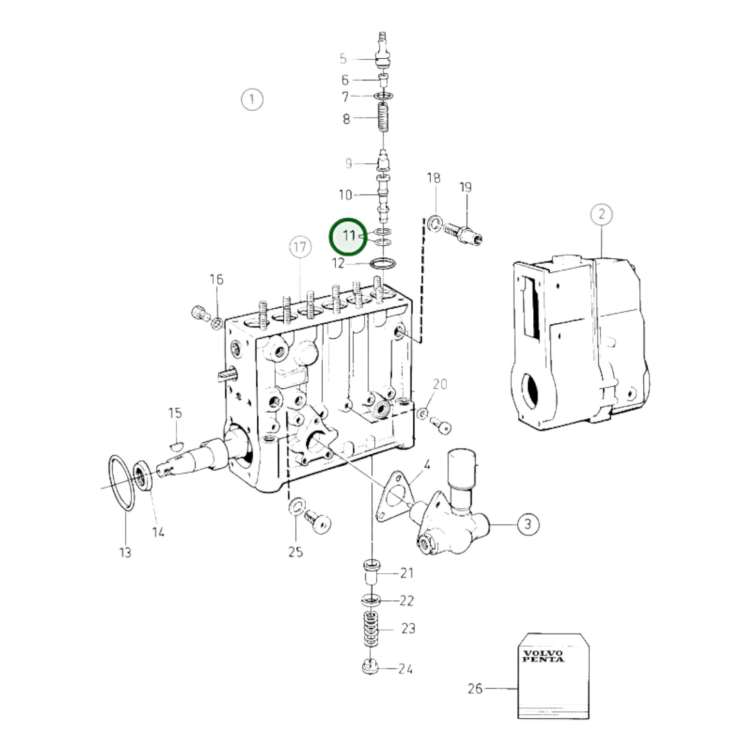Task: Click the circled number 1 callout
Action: pos(252,99)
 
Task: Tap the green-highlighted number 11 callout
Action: pos(348,236)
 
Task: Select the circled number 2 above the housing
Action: pos(601,214)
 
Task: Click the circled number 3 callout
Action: pos(528,523)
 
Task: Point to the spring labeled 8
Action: pos(383,118)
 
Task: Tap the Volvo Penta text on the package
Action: pos(543,656)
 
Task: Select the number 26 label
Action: pos(475,688)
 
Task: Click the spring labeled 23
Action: pos(371,629)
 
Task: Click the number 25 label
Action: pos(296,551)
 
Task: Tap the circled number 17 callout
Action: pos(300,247)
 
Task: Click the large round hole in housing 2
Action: pos(532,389)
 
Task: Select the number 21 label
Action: pos(406,573)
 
